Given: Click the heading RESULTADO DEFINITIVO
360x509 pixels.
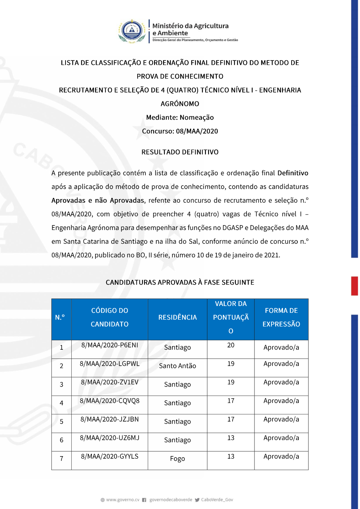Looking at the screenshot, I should pyautogui.click(x=180, y=152).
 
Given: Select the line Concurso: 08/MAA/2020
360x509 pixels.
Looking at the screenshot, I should pyautogui.click(x=180, y=131).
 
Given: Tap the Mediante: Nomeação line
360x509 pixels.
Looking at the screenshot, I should pyautogui.click(x=180, y=117).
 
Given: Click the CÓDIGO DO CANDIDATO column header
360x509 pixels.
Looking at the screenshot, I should pyautogui.click(x=109, y=317).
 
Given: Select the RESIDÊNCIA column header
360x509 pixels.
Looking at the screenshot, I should pyautogui.click(x=177, y=317).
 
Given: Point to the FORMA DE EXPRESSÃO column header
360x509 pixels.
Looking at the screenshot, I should pyautogui.click(x=281, y=317).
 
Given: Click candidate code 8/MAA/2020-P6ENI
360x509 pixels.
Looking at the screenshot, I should pyautogui.click(x=109, y=345).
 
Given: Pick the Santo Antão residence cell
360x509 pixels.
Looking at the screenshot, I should pyautogui.click(x=177, y=366).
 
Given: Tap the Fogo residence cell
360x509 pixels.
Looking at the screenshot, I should pyautogui.click(x=177, y=459).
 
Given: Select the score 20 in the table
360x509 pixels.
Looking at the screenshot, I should pyautogui.click(x=231, y=345).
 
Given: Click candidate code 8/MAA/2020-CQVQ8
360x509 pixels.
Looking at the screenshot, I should pyautogui.click(x=109, y=401).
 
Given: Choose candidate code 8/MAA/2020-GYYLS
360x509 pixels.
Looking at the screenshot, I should pyautogui.click(x=109, y=456).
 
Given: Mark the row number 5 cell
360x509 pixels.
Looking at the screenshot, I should pyautogui.click(x=62, y=422).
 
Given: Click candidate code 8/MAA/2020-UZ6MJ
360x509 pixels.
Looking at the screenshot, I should pyautogui.click(x=109, y=438).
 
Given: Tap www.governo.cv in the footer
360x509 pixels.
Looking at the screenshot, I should pyautogui.click(x=122, y=500).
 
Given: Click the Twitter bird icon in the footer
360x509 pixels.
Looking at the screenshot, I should pyautogui.click(x=197, y=500).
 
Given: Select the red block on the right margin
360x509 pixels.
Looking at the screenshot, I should pyautogui.click(x=355, y=286).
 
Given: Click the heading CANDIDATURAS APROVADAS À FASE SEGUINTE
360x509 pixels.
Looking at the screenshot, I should pyautogui.click(x=180, y=282).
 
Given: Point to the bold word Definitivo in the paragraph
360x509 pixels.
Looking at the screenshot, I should pyautogui.click(x=293, y=173).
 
